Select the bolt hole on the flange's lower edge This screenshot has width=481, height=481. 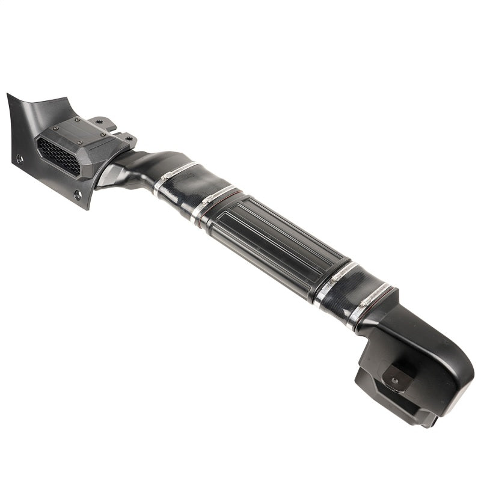click(x=77, y=194)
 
